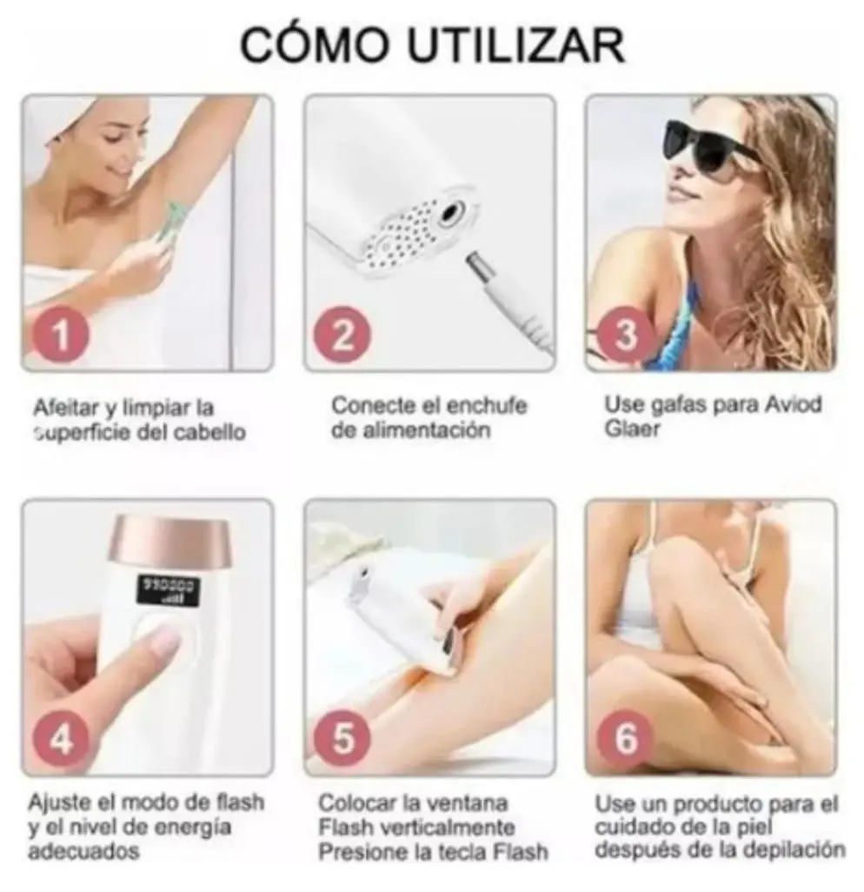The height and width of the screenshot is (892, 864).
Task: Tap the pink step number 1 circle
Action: tap(61, 336)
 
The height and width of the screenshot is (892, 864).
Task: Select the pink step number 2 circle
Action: tap(342, 336)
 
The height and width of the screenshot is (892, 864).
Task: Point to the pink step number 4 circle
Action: tap(61, 740)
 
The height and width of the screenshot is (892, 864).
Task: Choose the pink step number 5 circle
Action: tap(342, 738)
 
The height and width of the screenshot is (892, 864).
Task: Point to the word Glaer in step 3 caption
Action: tap(632, 429)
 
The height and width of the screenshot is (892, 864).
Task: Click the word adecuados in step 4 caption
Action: tap(83, 852)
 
